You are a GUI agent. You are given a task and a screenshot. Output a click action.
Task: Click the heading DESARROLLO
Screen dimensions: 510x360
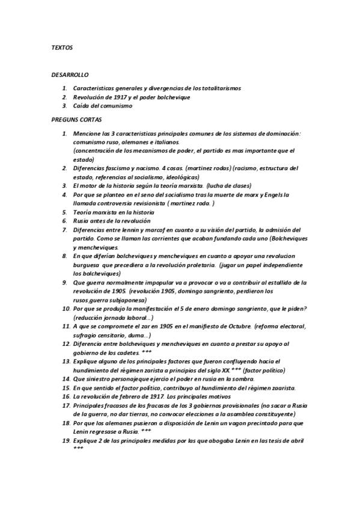70,75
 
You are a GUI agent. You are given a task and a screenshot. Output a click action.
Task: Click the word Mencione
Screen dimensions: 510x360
87,133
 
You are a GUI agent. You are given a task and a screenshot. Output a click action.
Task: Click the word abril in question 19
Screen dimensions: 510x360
296,440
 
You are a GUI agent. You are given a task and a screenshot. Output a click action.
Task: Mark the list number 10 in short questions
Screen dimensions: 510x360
66,309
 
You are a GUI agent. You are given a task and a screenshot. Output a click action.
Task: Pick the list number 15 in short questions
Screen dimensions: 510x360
66,388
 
